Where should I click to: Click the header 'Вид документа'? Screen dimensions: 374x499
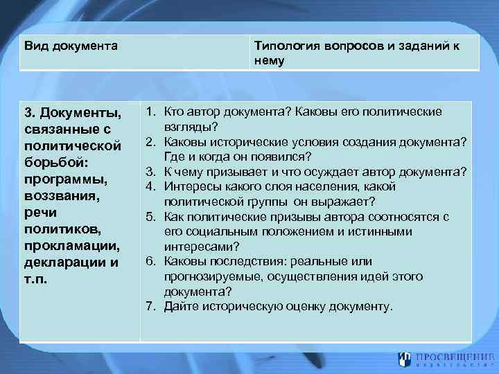pos(70,46)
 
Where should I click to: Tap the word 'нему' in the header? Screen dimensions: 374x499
pos(270,60)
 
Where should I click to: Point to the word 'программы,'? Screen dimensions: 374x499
pos(63,179)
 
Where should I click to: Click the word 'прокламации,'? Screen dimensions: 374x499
pos(71,246)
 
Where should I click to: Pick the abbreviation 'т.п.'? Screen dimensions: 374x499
pos(35,279)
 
